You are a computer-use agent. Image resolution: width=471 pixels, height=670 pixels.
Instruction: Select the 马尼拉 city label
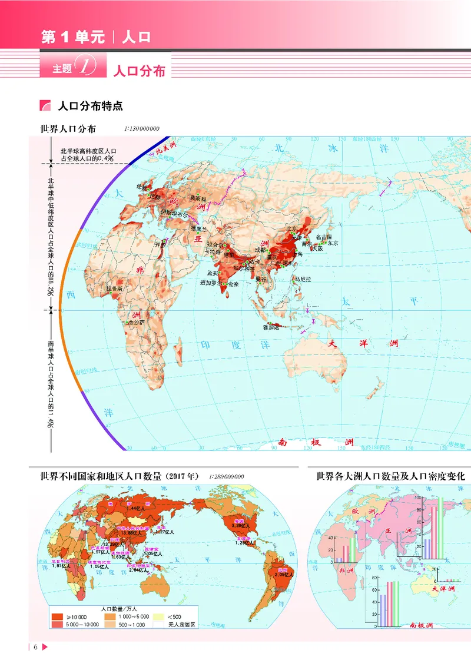303,279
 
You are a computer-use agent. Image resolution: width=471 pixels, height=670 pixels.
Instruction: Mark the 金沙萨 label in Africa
136,323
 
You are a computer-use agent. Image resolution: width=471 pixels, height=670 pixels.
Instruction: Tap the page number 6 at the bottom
35,648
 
